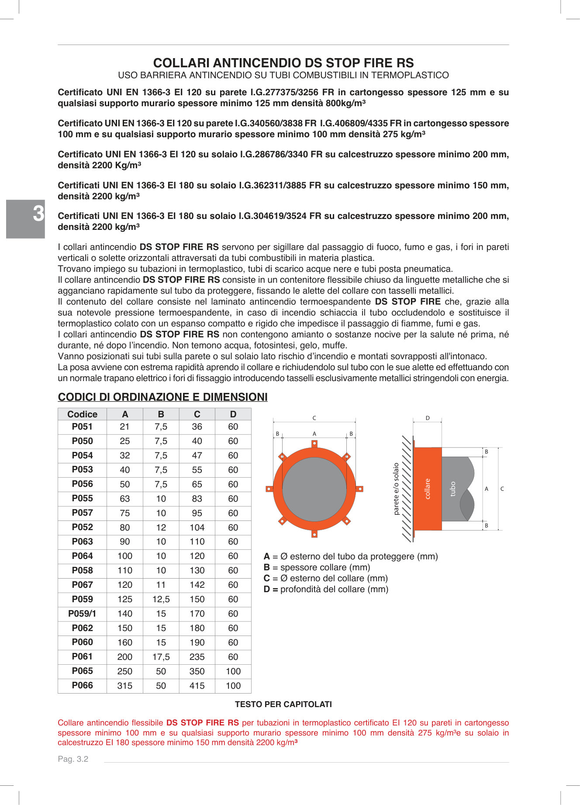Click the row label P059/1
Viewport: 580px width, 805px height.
click(82, 614)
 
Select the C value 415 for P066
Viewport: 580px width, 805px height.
click(197, 686)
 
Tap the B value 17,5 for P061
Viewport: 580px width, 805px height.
click(161, 657)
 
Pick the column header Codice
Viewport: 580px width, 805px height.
click(82, 414)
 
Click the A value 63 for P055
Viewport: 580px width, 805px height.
click(125, 499)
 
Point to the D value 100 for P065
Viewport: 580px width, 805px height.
click(233, 671)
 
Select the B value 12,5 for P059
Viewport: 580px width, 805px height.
click(161, 599)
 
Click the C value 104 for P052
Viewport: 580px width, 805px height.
click(197, 527)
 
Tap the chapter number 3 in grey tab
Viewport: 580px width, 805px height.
click(38, 214)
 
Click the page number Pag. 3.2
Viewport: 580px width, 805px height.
click(73, 759)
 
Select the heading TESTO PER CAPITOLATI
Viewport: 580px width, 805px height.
click(283, 704)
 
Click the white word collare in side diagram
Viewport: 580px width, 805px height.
click(428, 489)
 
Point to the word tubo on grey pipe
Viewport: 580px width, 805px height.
click(453, 489)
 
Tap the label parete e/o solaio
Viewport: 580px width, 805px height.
click(396, 489)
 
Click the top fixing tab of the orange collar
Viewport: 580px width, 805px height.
click(314, 444)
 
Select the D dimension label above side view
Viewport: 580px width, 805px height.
click(428, 418)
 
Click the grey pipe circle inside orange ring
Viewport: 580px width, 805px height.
click(314, 489)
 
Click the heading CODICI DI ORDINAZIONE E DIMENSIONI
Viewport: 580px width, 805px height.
click(162, 397)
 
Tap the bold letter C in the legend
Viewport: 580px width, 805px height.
click(266, 578)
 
